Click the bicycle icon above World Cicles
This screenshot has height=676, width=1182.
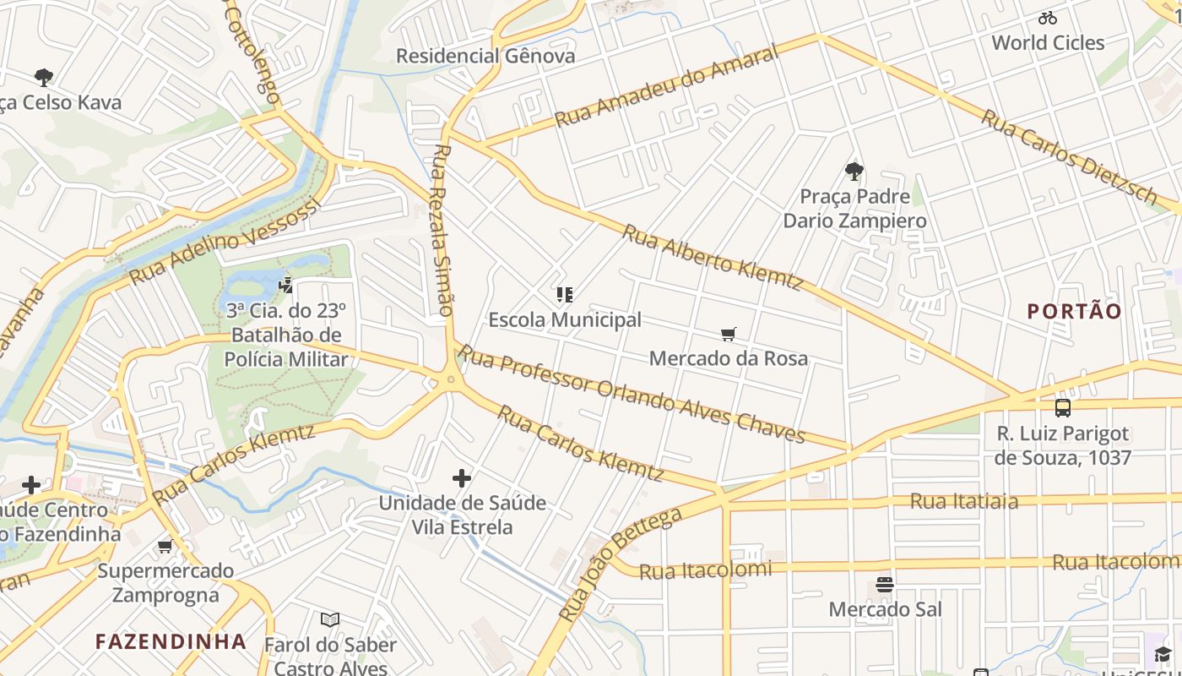[1048, 18]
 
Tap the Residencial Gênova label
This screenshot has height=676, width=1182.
[485, 57]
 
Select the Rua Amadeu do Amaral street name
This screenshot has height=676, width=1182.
[666, 87]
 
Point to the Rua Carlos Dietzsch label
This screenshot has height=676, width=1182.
[1069, 157]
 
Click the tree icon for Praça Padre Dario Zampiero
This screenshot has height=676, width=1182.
[854, 172]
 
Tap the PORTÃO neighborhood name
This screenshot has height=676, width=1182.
[1074, 311]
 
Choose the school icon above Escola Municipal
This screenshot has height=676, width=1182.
[565, 295]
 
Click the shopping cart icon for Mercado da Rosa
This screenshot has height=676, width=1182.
[729, 335]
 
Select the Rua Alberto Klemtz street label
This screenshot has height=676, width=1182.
[713, 257]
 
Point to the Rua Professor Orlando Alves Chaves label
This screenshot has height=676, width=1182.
[632, 395]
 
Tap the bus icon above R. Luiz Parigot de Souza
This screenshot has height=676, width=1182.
[1062, 408]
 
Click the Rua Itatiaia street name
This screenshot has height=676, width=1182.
[963, 501]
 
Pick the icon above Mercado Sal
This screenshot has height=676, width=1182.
[885, 585]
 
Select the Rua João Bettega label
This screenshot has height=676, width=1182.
[620, 564]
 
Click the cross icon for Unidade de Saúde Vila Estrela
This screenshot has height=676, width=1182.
[462, 479]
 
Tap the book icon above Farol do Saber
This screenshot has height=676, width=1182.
[330, 620]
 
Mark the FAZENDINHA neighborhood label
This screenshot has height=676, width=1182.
[171, 641]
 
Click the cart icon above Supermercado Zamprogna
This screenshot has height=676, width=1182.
[165, 547]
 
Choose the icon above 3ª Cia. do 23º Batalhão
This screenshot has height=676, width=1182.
[285, 286]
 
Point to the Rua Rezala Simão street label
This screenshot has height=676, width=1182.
[442, 230]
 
